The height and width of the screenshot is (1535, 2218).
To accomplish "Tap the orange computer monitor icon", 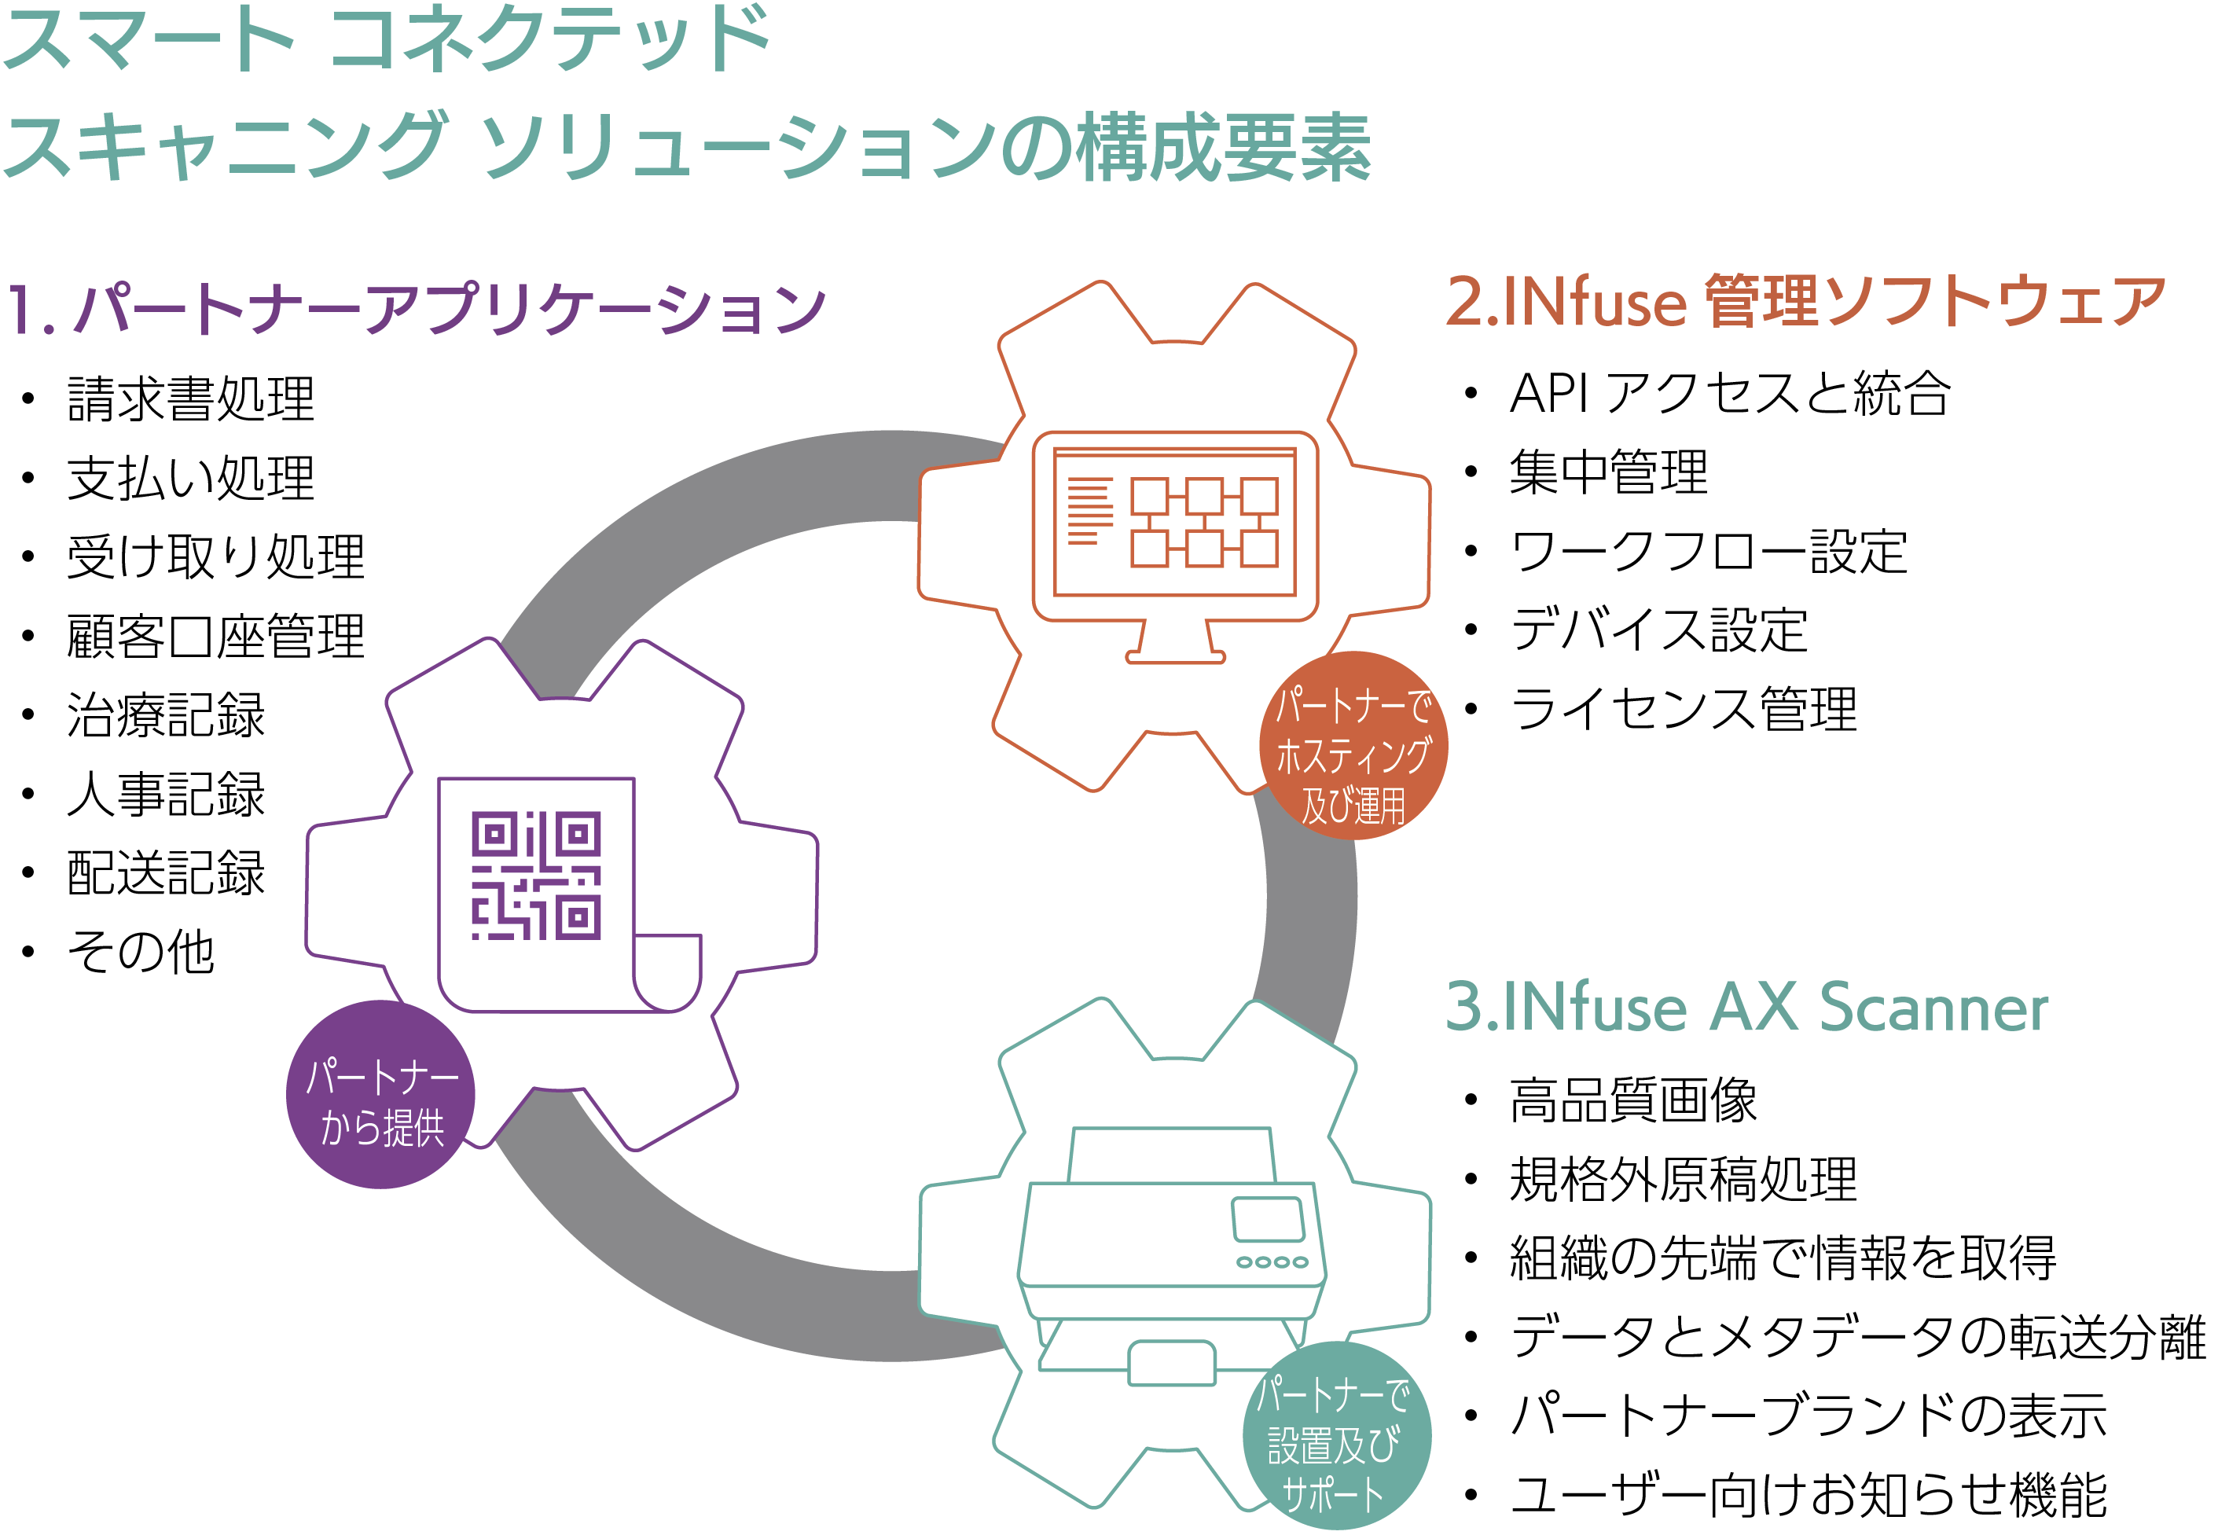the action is tap(1174, 546).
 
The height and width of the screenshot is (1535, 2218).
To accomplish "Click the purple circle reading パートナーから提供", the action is tap(381, 1095).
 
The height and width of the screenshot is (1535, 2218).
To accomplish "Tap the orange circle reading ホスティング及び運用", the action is tap(1354, 745).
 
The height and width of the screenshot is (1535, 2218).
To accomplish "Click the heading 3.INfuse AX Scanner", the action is tap(1746, 1008).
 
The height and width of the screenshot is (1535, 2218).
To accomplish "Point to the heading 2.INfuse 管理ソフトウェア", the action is tap(1805, 301).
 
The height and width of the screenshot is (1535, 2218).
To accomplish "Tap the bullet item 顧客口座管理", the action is tap(216, 636).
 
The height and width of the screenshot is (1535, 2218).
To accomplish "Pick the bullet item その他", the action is tap(141, 952).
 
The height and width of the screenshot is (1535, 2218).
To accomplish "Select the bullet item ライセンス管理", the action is tap(1684, 709).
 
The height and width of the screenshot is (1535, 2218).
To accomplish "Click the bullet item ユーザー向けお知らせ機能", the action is tap(1809, 1495).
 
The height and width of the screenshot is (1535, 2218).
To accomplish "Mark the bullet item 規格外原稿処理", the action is tap(1684, 1179).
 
